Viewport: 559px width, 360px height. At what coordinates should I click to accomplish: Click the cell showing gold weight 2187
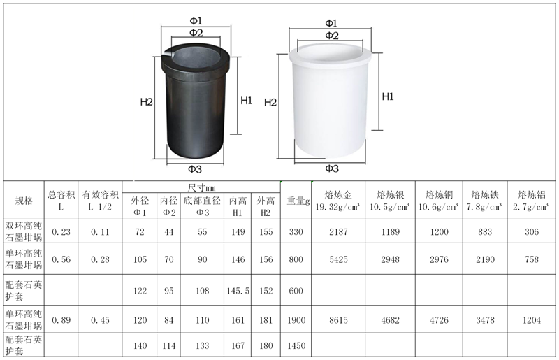(338, 232)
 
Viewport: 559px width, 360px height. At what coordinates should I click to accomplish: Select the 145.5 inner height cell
(238, 291)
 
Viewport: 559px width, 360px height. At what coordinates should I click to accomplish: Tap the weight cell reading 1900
(296, 320)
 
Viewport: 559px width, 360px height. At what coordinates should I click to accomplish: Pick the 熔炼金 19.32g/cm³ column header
(338, 201)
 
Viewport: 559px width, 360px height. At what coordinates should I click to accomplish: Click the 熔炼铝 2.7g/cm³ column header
(531, 201)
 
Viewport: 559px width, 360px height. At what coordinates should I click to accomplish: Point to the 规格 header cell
(24, 201)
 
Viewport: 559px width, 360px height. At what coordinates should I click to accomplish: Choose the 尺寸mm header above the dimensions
(201, 187)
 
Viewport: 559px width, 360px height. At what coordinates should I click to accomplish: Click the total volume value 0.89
(61, 320)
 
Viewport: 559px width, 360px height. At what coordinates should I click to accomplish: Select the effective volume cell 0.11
(100, 232)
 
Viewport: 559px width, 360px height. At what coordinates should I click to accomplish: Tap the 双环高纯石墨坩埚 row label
(24, 231)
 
